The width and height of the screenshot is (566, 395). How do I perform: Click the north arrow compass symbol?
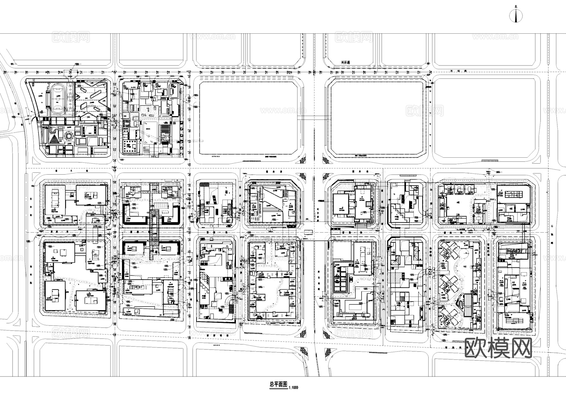pos(516,15)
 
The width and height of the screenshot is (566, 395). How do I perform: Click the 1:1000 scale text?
pos(293,387)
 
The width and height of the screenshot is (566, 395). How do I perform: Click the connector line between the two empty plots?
pos(313,117)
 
